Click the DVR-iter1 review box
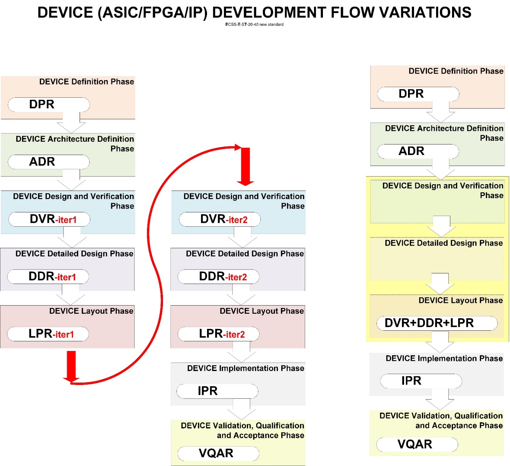[49, 219]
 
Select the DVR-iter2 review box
[220, 219]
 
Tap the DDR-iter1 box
[48, 277]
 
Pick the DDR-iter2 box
[219, 277]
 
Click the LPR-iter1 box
[48, 334]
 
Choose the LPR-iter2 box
[219, 334]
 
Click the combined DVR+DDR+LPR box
[437, 323]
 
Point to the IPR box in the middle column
[217, 391]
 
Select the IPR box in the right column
[421, 381]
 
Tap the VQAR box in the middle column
[218, 453]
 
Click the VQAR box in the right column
[417, 444]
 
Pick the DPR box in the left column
[49, 104]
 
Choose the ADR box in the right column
[418, 151]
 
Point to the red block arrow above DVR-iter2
[245, 167]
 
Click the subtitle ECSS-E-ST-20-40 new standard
[254, 24]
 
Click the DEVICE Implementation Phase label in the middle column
[245, 368]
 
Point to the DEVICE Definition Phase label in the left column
[86, 82]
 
